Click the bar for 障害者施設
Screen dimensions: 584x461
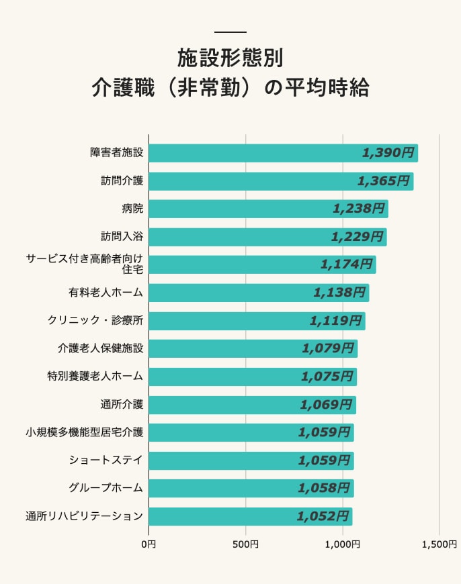tap(282, 153)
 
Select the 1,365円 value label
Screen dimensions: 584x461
tap(383, 181)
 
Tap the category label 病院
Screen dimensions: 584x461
tap(132, 209)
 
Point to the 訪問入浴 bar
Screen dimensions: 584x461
tap(267, 237)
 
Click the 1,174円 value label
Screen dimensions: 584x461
tap(346, 264)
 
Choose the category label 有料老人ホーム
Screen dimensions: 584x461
tap(106, 293)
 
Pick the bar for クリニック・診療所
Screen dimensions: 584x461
tap(256, 321)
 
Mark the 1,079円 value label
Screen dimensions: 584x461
tap(327, 348)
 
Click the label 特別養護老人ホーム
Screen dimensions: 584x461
tap(95, 377)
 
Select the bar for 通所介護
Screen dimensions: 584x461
tap(251, 405)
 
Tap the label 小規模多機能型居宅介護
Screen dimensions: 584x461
tap(84, 432)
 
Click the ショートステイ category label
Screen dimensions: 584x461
tap(106, 460)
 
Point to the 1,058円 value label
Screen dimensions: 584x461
tap(324, 488)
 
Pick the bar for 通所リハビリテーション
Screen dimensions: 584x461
tap(249, 516)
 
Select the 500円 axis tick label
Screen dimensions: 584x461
tap(245, 544)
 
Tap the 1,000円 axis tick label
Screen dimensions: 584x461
tap(342, 544)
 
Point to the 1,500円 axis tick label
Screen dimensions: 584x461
tap(439, 544)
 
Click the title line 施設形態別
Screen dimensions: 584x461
tap(230, 59)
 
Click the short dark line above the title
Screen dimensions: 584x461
tap(230, 32)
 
